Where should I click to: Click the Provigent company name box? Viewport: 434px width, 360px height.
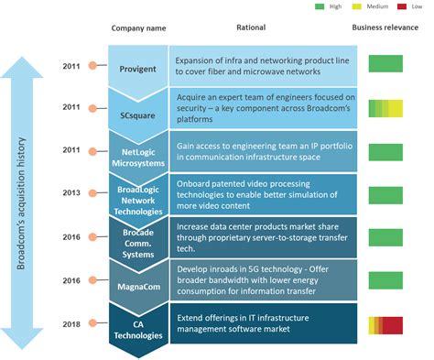138,68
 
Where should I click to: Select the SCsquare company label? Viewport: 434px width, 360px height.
138,107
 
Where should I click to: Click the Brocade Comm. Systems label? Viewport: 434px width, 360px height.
138,239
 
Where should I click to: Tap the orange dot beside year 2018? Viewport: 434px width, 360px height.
93,324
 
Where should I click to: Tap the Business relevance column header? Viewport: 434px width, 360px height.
385,28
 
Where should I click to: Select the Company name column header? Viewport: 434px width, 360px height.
138,28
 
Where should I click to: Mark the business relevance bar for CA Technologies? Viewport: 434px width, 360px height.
385,325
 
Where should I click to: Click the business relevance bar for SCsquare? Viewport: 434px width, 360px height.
385,108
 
